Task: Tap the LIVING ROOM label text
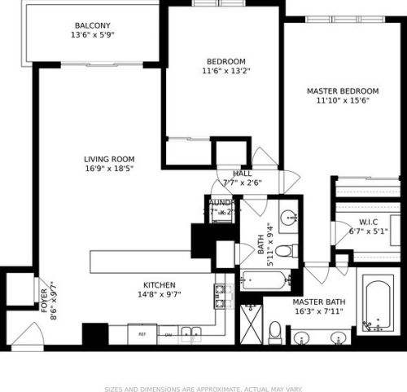point(109,160)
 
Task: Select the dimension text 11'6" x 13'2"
point(226,71)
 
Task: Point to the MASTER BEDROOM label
point(343,90)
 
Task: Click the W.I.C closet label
point(369,222)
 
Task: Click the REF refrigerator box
point(142,334)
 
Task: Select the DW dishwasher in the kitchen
point(168,334)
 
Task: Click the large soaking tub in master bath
point(376,306)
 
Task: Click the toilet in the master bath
point(275,333)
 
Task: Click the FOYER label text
point(45,297)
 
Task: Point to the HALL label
point(242,174)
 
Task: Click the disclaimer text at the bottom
point(203,368)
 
